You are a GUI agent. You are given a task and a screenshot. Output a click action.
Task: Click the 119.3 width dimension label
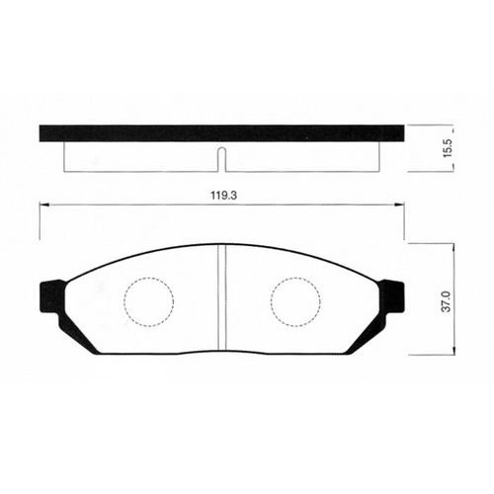pos(224,196)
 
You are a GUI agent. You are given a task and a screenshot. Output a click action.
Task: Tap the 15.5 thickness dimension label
pos(449,148)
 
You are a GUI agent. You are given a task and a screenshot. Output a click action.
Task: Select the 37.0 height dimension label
pos(447,301)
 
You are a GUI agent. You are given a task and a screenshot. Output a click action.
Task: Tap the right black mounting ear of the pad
pos(392,295)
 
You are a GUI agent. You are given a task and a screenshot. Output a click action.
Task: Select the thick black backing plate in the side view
pos(221,133)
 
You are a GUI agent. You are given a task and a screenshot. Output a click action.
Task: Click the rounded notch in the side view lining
pos(222,159)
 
